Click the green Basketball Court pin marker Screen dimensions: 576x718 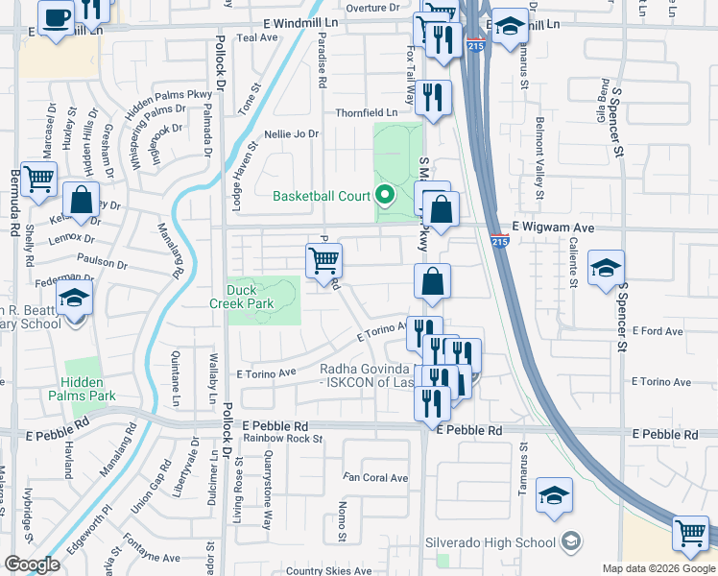point(385,196)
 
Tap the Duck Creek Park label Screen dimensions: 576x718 point(250,297)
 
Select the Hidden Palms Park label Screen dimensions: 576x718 point(89,389)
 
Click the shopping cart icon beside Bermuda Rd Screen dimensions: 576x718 point(39,179)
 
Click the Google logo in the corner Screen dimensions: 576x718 point(32,564)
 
